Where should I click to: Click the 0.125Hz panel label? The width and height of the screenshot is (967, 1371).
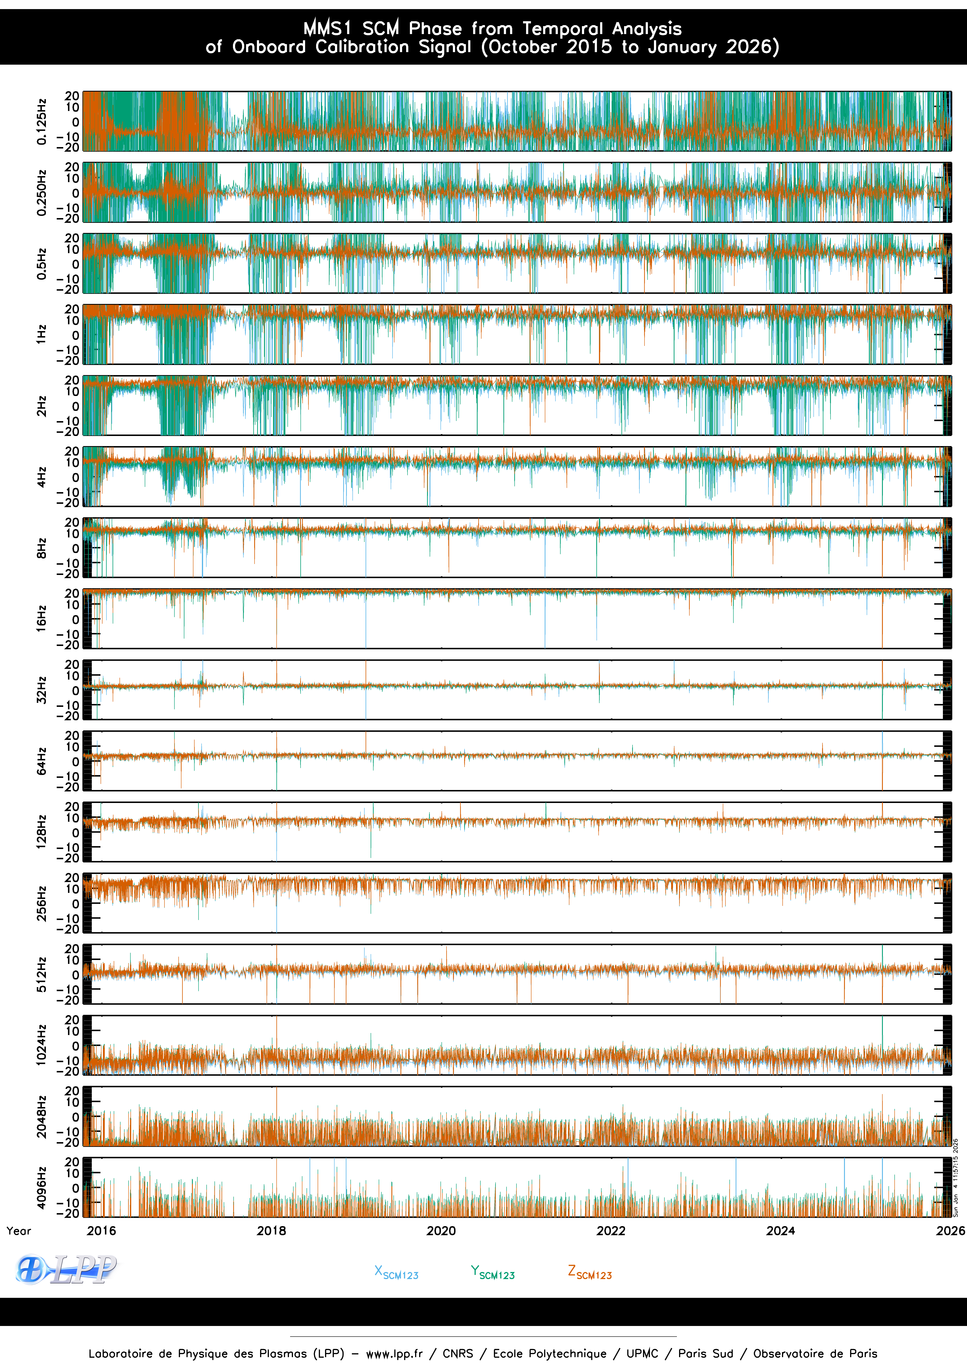[41, 122]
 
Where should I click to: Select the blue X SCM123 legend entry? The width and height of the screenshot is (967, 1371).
[396, 1272]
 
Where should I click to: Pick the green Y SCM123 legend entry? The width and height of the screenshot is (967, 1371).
[492, 1272]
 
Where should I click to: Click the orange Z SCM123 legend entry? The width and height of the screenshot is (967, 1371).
[590, 1272]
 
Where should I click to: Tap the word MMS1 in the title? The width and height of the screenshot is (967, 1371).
[327, 28]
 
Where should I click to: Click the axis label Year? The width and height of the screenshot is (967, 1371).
[18, 1231]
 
